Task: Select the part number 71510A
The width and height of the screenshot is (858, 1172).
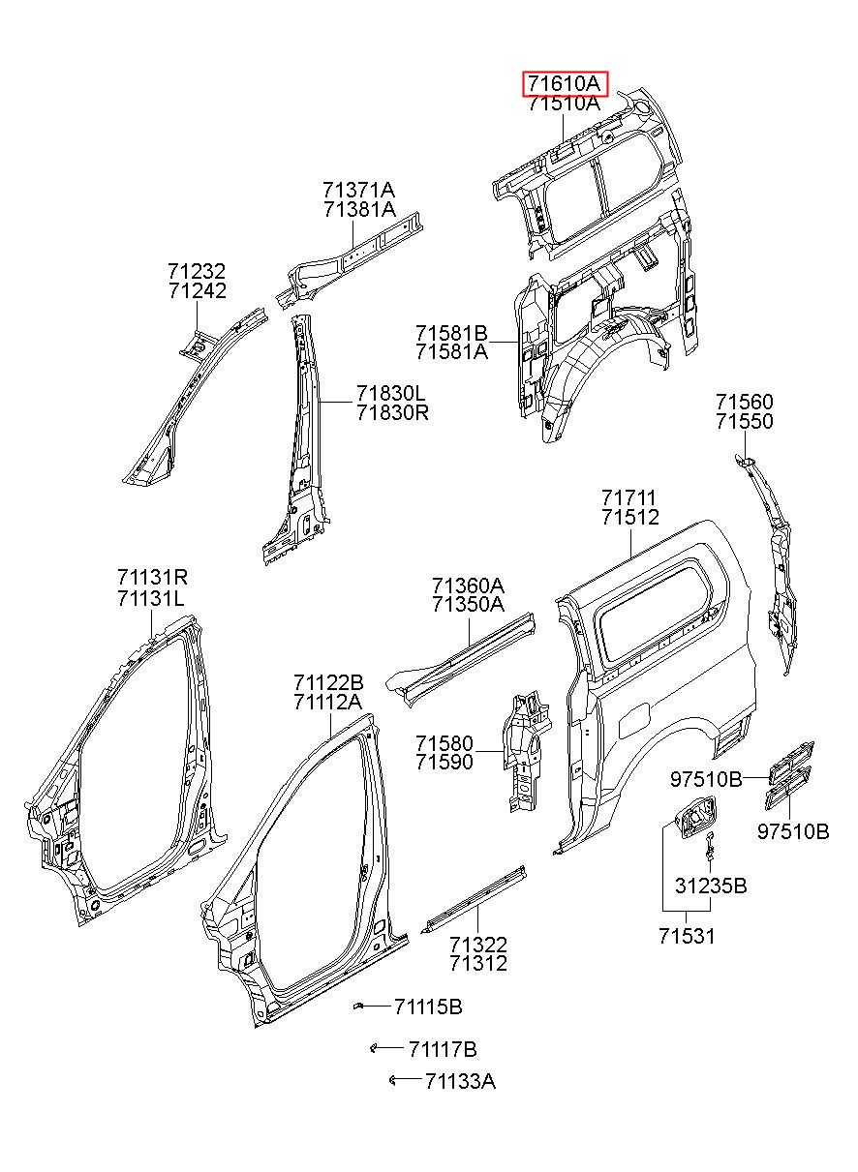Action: pos(564,105)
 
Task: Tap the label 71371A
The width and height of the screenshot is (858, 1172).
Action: pos(359,190)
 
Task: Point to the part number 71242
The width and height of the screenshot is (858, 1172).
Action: pos(197,291)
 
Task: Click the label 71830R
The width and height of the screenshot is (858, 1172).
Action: pos(391,412)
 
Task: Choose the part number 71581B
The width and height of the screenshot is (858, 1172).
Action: pos(451,334)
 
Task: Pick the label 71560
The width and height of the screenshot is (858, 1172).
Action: pos(745,401)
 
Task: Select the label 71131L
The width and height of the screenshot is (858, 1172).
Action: pos(151,598)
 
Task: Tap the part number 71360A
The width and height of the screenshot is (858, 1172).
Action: pos(468,585)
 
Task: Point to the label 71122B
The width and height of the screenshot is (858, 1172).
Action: pos(328,681)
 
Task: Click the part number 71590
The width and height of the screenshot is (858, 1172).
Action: pos(444,763)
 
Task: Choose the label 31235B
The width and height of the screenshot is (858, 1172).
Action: pos(711,886)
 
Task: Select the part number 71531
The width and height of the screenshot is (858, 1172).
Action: pos(688,936)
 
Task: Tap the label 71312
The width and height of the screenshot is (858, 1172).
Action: pos(478,963)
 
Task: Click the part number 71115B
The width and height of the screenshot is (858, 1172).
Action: pos(428,1007)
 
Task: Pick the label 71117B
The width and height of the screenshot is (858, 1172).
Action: pos(442,1049)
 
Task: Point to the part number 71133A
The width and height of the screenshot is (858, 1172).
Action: pos(459,1081)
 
